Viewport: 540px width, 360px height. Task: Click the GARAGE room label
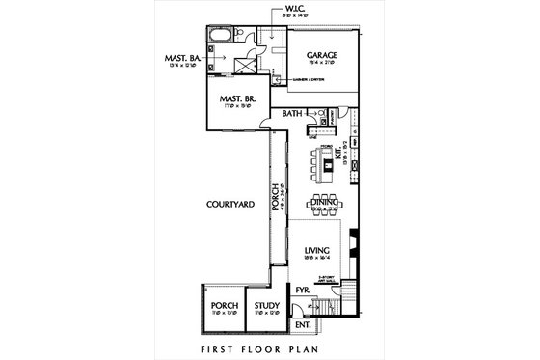[x=321, y=56]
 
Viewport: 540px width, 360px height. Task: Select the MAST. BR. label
[x=235, y=99]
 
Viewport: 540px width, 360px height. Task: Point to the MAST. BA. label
[x=181, y=58]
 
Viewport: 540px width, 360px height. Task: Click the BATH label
[x=293, y=114]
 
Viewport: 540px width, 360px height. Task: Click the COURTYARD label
[x=229, y=205]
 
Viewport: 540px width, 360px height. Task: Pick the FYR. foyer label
[x=301, y=290]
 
